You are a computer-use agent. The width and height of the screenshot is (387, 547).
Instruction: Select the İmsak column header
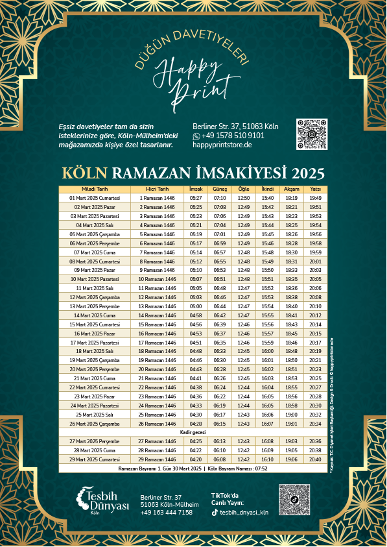click(x=196, y=189)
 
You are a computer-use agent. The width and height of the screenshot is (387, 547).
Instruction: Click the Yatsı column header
click(x=316, y=189)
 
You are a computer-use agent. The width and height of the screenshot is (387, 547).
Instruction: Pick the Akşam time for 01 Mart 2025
click(x=292, y=198)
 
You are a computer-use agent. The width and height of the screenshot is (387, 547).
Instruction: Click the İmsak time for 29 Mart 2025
click(x=196, y=459)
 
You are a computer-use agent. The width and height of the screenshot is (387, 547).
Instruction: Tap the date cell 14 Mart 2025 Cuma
click(x=95, y=315)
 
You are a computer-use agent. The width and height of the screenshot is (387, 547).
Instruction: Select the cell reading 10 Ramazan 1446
click(x=158, y=279)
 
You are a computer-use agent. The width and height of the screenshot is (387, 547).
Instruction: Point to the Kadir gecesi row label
click(x=193, y=432)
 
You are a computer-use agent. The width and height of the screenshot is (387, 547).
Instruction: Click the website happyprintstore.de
click(x=222, y=145)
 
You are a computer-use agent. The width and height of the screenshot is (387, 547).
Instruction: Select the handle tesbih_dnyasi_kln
click(x=244, y=512)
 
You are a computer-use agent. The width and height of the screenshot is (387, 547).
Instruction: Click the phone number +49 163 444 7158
click(x=166, y=513)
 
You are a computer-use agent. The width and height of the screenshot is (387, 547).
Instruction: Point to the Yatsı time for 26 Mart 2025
click(x=316, y=424)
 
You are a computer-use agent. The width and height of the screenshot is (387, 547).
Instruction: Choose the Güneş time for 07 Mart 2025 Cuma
click(x=220, y=252)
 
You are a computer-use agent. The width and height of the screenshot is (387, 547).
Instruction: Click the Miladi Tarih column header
click(x=95, y=189)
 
